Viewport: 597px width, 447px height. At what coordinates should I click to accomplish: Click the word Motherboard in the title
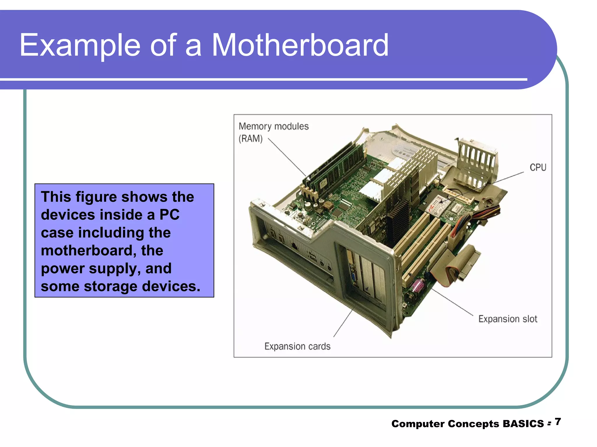(300, 45)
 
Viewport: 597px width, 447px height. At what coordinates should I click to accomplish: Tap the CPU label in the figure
(538, 167)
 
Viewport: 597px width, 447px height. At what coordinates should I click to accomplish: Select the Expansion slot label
(508, 319)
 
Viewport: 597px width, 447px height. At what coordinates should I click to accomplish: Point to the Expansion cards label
(297, 346)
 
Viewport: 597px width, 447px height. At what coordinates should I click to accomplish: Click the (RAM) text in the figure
(250, 139)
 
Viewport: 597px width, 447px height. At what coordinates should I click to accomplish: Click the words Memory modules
(273, 126)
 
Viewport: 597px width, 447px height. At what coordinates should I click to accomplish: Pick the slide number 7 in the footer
(558, 422)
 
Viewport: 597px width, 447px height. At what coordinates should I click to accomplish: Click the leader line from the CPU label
(507, 178)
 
